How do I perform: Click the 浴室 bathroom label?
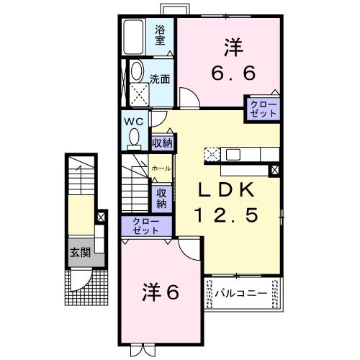162,35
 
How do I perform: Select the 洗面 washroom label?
160,79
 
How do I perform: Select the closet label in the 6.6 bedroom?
262,109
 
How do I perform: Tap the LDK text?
225,189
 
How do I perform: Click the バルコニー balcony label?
241,294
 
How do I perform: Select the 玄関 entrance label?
79,253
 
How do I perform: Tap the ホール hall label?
161,167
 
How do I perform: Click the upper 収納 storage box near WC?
162,143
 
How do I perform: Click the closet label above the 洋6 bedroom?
146,225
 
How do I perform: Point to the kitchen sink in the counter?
234,153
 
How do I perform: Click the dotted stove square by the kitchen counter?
212,153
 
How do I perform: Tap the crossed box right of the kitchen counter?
274,170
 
